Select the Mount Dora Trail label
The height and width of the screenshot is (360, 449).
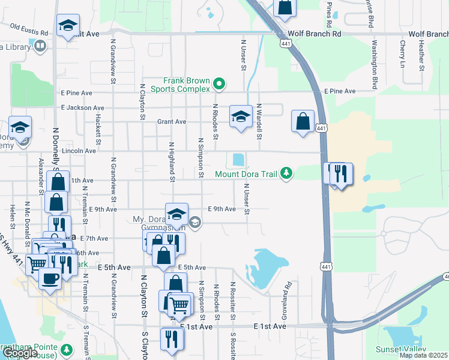pos(247,175)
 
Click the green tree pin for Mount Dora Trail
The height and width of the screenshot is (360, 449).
pos(287,174)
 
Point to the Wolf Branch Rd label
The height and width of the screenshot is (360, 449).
pos(314,34)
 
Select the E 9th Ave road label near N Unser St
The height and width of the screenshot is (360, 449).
pos(221,209)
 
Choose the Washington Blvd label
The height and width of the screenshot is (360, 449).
pos(375,62)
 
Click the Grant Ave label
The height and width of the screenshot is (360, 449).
pos(172,122)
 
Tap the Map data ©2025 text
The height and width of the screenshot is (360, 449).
pos(423,356)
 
